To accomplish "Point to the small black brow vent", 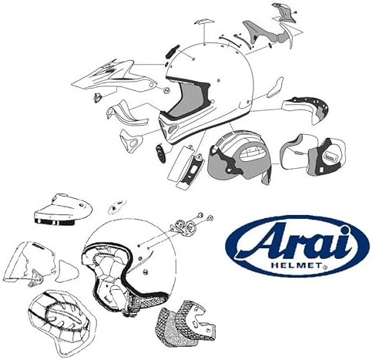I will (166, 52).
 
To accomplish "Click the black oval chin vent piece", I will (159, 151).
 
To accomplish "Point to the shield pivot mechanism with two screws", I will (186, 227).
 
